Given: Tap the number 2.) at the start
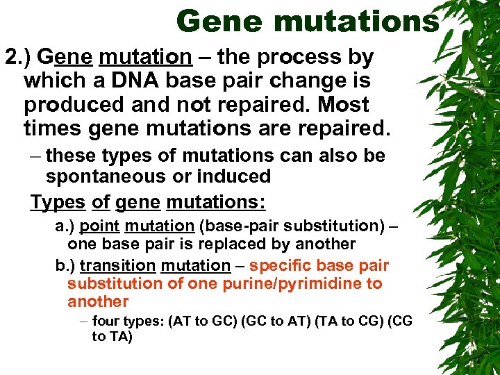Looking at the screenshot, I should coord(19,57).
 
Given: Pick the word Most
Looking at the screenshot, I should coord(342,106).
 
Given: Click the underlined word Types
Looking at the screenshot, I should coord(58,202).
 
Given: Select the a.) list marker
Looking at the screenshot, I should coord(65,226).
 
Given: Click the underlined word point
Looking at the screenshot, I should coord(100,226).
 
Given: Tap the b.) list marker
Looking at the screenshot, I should coord(65,266).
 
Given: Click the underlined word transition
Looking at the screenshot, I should coord(117,266).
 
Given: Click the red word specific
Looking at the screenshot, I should coord(276,266).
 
